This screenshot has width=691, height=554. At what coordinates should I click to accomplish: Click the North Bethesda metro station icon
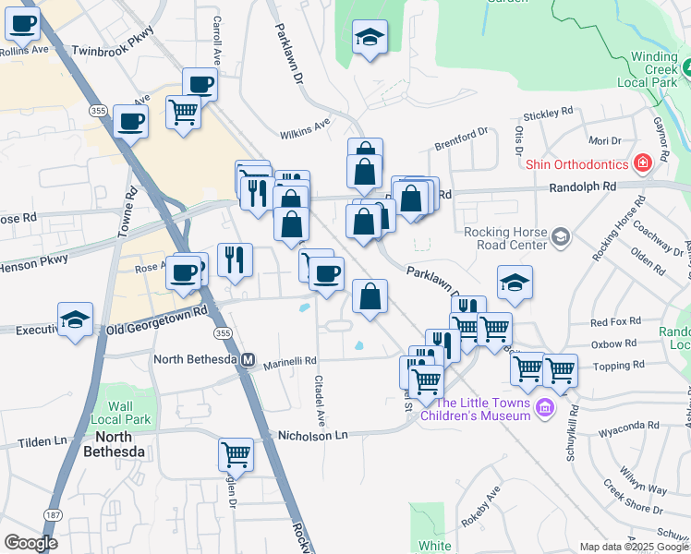click(248, 360)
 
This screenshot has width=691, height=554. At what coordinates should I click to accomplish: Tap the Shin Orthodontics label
click(576, 165)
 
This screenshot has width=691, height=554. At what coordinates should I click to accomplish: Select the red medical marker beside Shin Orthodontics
click(642, 164)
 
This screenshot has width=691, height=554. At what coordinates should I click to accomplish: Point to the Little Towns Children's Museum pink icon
click(545, 407)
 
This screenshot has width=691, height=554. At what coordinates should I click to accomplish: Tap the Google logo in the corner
click(30, 543)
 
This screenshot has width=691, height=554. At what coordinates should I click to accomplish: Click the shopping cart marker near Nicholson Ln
click(236, 454)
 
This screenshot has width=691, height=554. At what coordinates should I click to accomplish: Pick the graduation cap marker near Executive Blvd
click(75, 319)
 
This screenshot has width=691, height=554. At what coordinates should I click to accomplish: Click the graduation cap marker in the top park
click(370, 37)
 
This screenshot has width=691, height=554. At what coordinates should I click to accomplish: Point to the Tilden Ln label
click(42, 443)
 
